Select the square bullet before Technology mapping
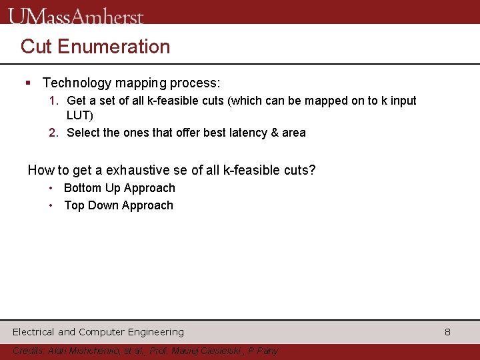[28, 83]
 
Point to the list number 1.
[53, 101]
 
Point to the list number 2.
[53, 133]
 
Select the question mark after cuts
[313, 170]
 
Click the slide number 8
[448, 332]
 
